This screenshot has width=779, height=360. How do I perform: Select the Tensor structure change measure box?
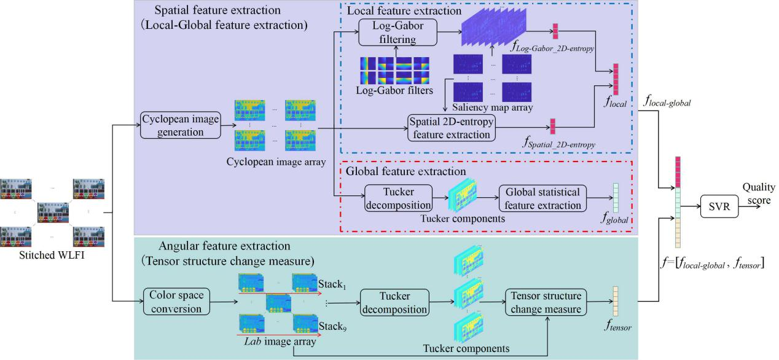[x=542, y=300]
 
